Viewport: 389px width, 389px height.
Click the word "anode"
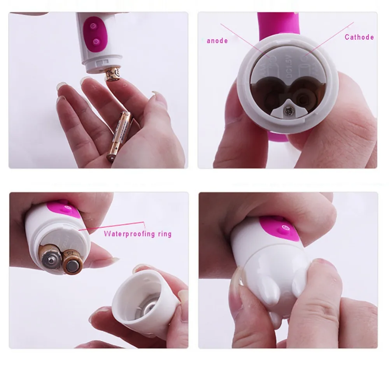(217, 40)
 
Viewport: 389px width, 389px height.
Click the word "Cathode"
(359, 37)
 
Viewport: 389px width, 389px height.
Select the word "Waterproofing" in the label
(128, 234)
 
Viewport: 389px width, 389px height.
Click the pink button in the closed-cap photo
(282, 228)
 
